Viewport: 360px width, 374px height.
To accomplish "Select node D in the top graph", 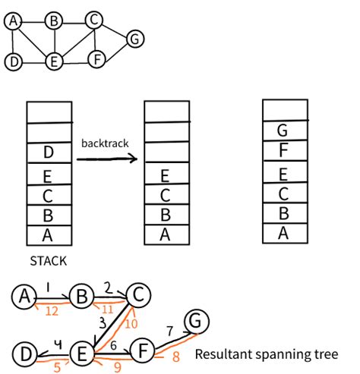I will point(13,62).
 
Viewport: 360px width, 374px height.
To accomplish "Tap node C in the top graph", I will point(93,20).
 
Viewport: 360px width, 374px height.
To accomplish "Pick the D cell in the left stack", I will point(49,154).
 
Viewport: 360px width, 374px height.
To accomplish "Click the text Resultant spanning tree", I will point(266,354).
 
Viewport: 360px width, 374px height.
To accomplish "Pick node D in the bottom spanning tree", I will point(26,354).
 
